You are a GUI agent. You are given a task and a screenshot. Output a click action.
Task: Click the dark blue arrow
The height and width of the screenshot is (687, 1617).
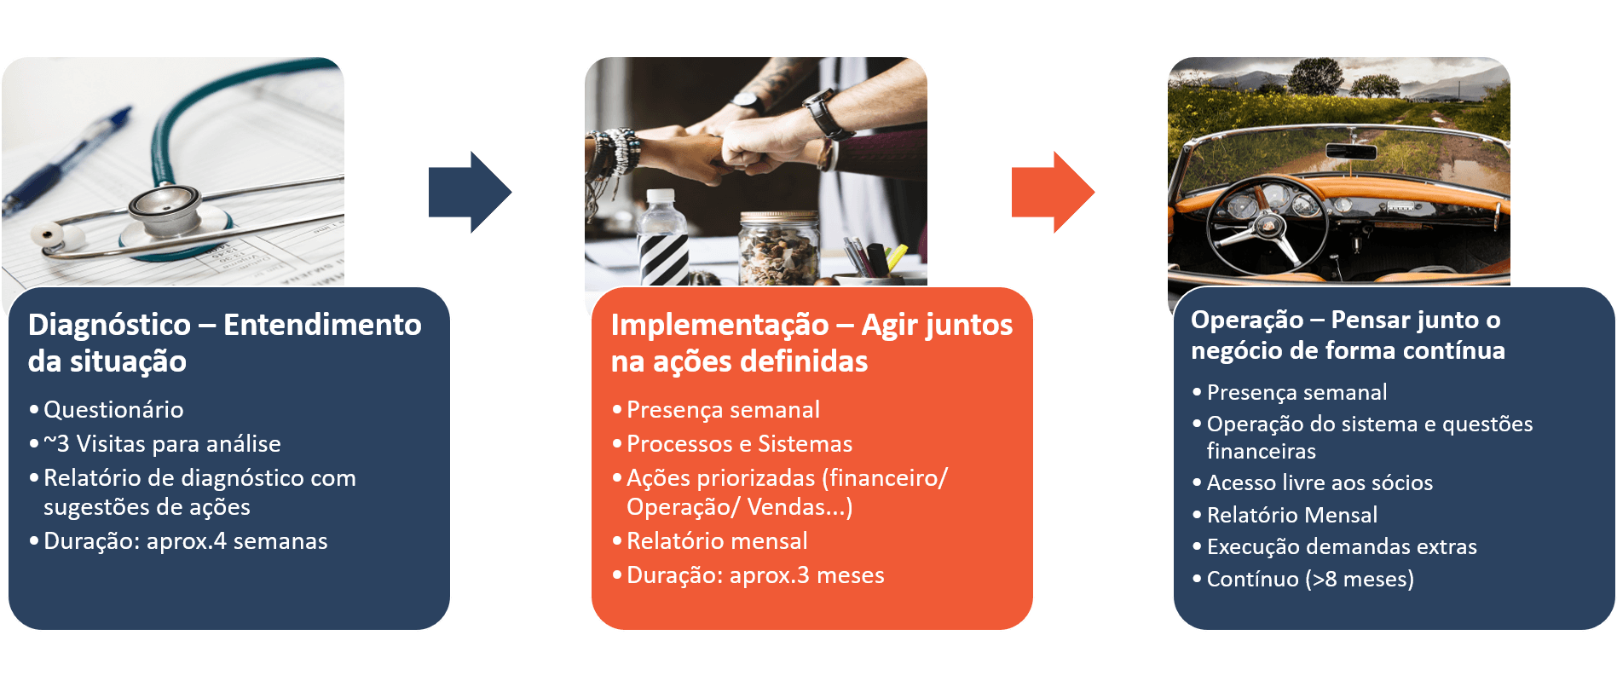click(x=470, y=193)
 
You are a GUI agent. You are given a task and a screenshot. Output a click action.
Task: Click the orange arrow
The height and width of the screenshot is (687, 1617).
click(x=1053, y=193)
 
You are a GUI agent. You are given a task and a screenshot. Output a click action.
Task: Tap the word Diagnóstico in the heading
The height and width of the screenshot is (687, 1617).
click(x=109, y=325)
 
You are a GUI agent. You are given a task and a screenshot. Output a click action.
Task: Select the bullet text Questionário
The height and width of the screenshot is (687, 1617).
click(x=113, y=410)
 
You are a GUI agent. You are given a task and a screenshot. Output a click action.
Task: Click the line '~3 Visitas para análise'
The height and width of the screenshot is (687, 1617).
click(x=162, y=444)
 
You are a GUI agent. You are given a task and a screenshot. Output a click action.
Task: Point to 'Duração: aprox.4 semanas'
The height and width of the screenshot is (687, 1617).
click(x=185, y=541)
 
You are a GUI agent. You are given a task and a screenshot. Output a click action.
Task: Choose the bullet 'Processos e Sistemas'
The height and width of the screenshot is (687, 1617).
click(x=739, y=444)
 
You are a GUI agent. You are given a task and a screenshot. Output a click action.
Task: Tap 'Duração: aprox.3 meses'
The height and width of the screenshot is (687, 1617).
click(x=755, y=575)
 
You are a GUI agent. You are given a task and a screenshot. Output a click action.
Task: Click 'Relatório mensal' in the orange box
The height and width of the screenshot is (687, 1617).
click(x=717, y=541)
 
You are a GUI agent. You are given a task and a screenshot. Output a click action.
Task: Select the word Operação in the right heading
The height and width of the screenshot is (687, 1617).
click(x=1247, y=320)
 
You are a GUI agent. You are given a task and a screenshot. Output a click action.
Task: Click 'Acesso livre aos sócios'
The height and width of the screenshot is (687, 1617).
click(x=1320, y=482)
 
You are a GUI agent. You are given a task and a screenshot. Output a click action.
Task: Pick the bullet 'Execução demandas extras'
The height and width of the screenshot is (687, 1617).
click(x=1342, y=546)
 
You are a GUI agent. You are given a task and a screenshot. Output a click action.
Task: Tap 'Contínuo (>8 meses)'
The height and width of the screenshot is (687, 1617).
click(x=1310, y=579)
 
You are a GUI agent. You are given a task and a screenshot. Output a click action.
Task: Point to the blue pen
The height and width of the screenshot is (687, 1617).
click(x=64, y=162)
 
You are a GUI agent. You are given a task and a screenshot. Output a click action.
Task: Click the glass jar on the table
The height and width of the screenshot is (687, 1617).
click(x=778, y=248)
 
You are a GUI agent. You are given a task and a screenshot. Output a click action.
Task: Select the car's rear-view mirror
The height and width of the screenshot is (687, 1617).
click(x=1351, y=151)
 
